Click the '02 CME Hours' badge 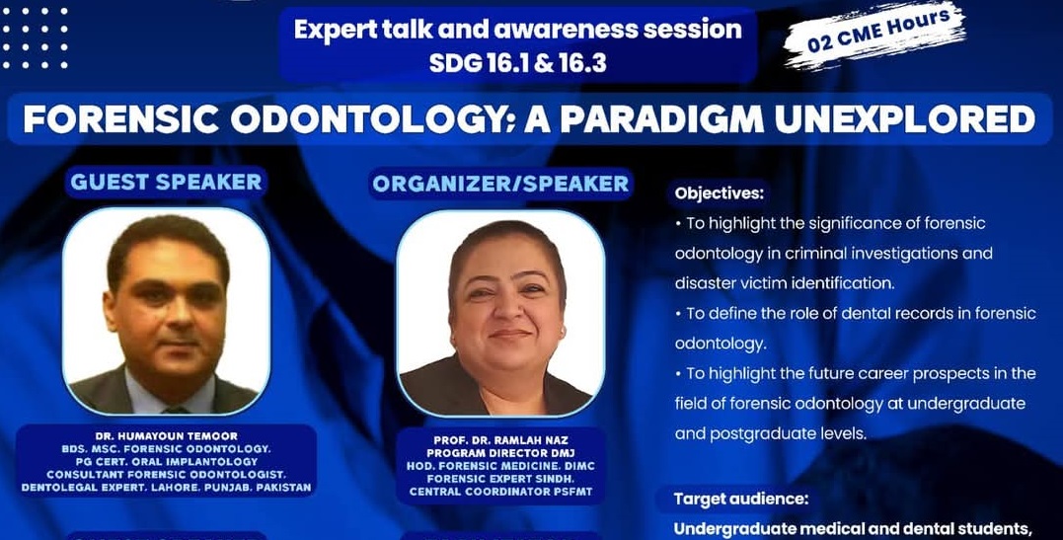pyautogui.click(x=875, y=33)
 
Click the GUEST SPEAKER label pyautogui.click(x=166, y=182)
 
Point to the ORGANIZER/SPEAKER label pyautogui.click(x=501, y=184)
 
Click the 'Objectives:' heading pyautogui.click(x=720, y=193)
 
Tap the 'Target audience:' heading pyautogui.click(x=741, y=500)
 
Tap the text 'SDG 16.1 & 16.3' pyautogui.click(x=517, y=63)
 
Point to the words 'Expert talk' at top pyautogui.click(x=351, y=30)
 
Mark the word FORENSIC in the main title pyautogui.click(x=120, y=119)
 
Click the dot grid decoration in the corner pyautogui.click(x=36, y=39)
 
